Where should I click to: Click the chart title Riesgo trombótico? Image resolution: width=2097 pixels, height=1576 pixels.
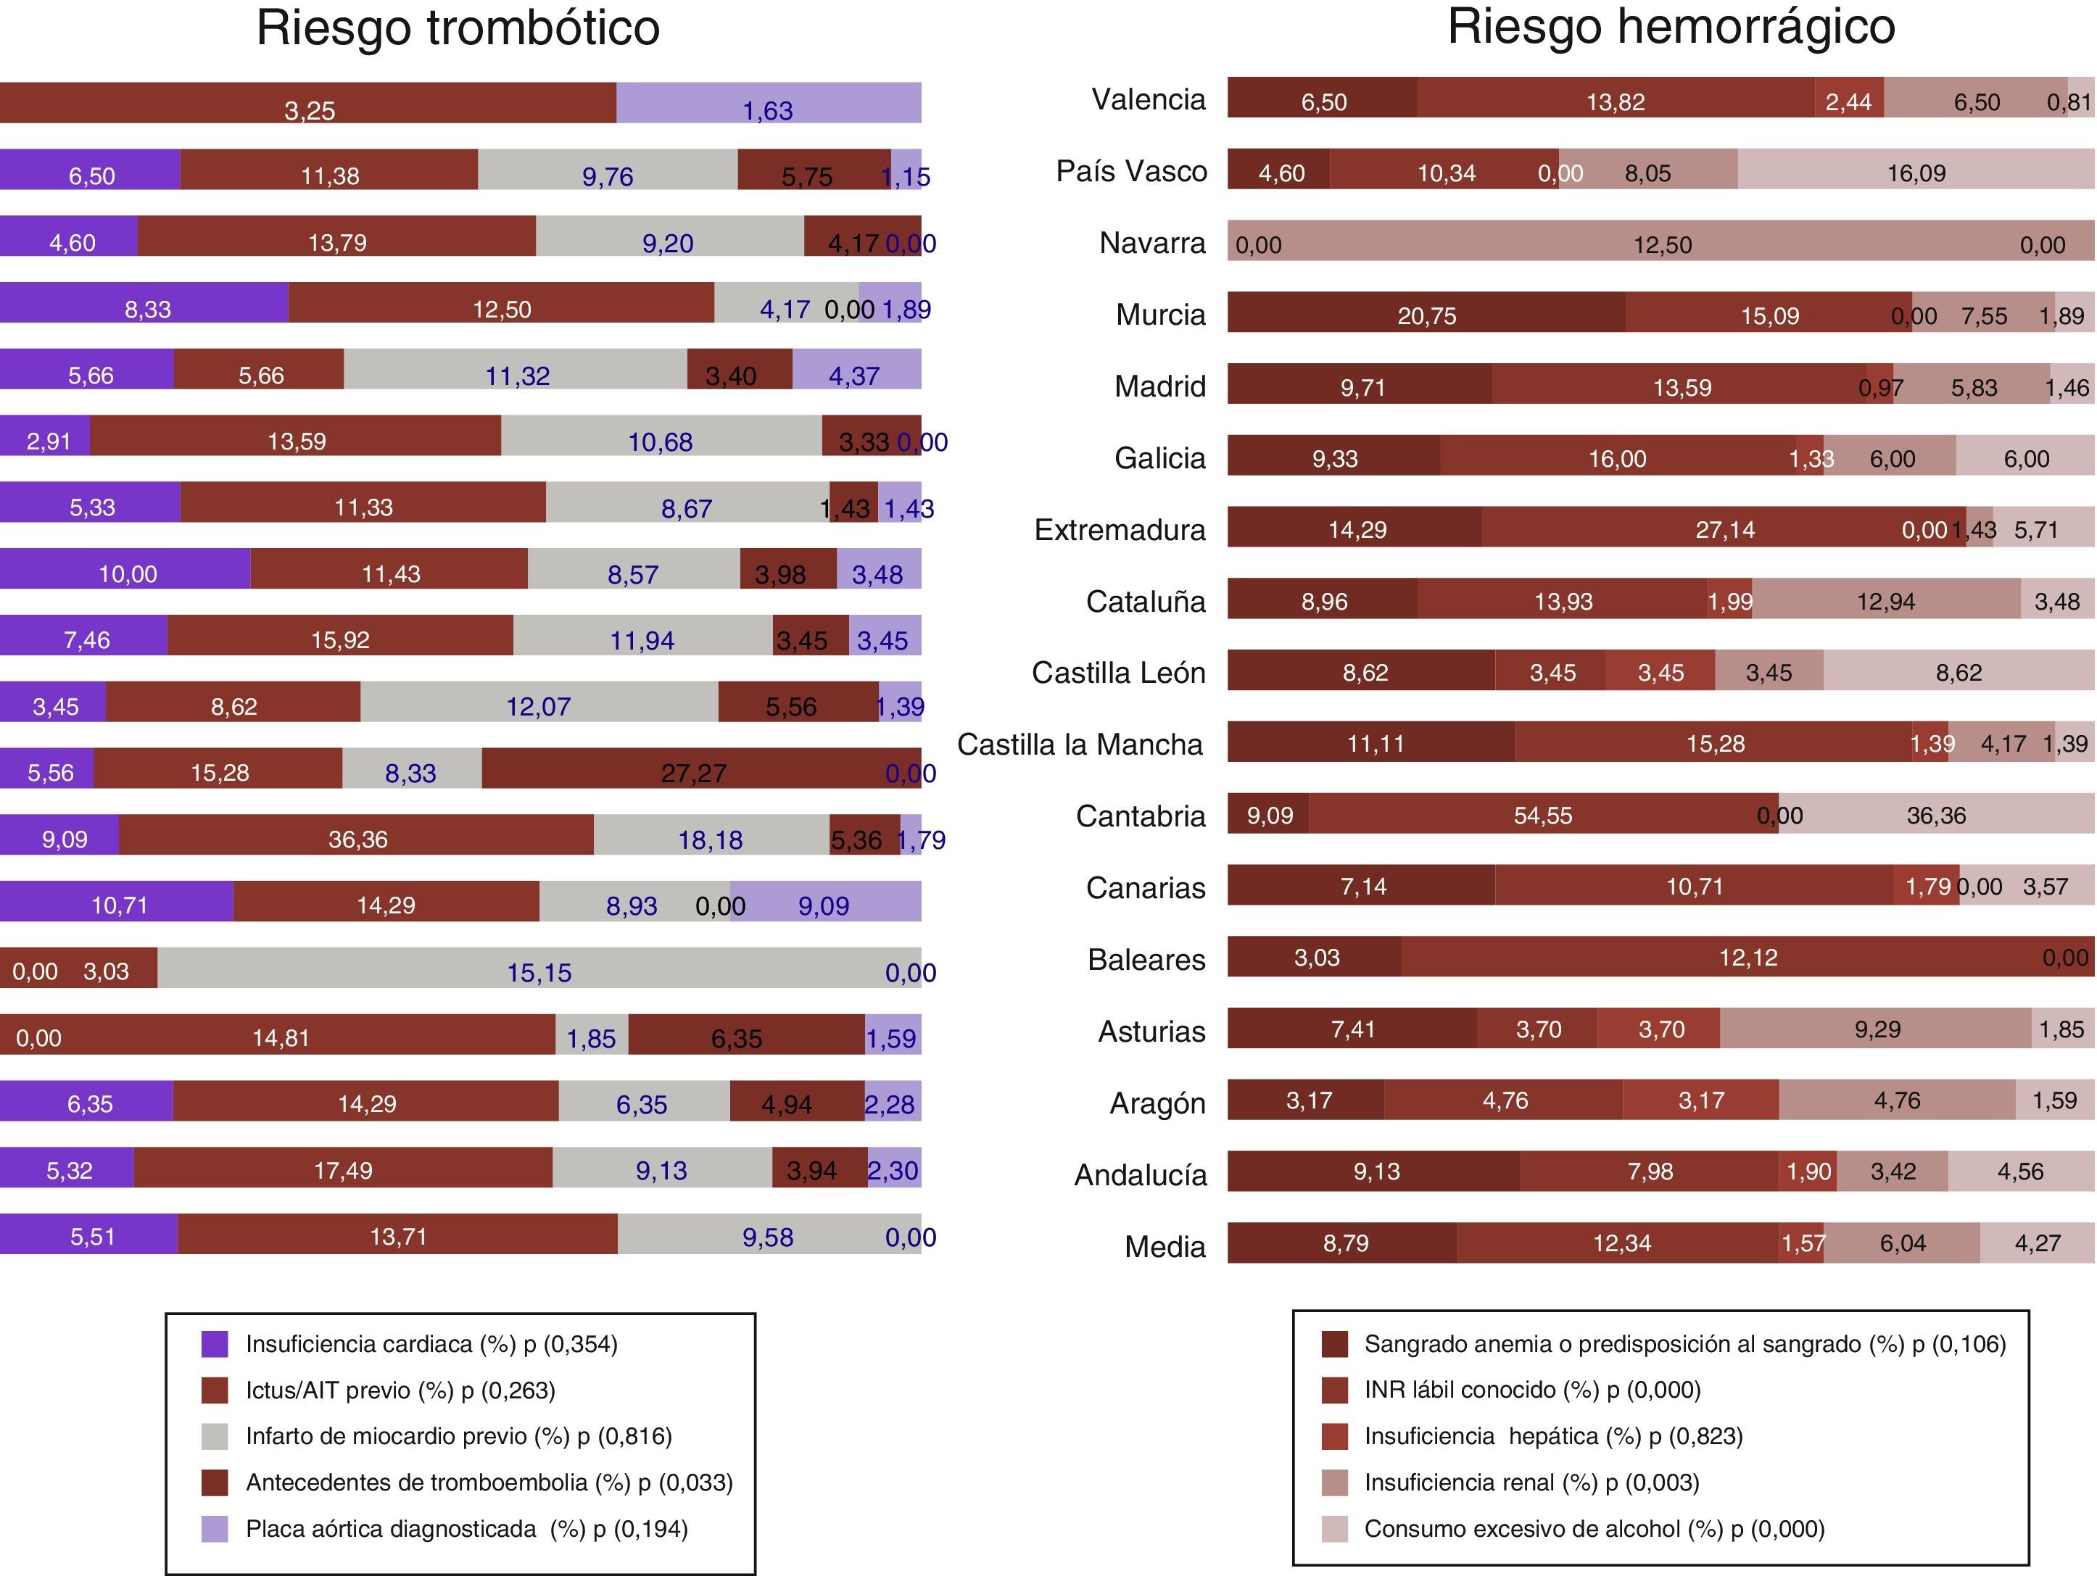[458, 28]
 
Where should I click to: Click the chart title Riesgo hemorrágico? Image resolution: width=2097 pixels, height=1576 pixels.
[1671, 27]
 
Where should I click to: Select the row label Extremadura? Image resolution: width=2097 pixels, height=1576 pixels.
[1120, 530]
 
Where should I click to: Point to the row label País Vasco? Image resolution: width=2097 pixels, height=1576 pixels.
[1131, 172]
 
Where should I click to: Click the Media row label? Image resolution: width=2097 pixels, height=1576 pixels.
[1165, 1246]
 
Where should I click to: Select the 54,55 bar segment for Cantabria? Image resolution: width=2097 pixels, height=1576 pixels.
[1542, 815]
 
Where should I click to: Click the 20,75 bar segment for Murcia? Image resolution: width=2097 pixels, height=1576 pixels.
[1426, 315]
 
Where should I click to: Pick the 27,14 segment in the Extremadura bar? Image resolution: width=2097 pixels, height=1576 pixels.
[1724, 528]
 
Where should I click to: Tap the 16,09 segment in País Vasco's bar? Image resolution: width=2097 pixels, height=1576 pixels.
[1916, 173]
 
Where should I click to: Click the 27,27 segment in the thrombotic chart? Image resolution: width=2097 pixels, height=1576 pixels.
[693, 771]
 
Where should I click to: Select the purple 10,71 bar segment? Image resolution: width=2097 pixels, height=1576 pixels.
[117, 904]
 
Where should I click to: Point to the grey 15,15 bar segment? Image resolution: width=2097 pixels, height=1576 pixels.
[539, 971]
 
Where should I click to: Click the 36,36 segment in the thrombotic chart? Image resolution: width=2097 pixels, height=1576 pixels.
[357, 838]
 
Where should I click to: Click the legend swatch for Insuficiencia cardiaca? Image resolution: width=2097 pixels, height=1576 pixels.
[214, 1344]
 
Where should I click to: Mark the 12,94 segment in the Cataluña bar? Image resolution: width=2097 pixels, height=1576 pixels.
[1885, 601]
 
